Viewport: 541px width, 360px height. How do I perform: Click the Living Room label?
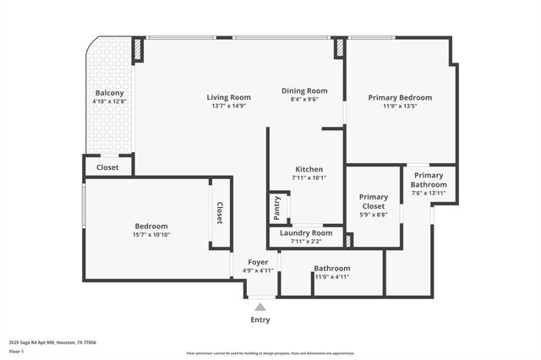pos(229,97)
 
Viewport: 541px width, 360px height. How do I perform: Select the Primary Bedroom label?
pos(400,97)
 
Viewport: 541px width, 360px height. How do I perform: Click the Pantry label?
pos(276,206)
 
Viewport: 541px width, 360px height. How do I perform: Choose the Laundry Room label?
pos(306,232)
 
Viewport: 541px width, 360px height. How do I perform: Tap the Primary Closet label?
pos(373,201)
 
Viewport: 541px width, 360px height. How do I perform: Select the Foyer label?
pos(258,262)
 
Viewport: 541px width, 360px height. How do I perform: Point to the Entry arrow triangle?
pos(260,307)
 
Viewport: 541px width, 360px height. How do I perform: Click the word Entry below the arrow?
pos(260,320)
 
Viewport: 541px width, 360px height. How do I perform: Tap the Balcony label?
pos(109,93)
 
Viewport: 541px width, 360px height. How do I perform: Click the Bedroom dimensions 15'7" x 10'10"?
pos(151,235)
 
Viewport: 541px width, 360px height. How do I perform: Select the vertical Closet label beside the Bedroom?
pos(220,213)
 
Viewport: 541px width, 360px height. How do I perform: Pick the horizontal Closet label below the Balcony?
pos(107,167)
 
